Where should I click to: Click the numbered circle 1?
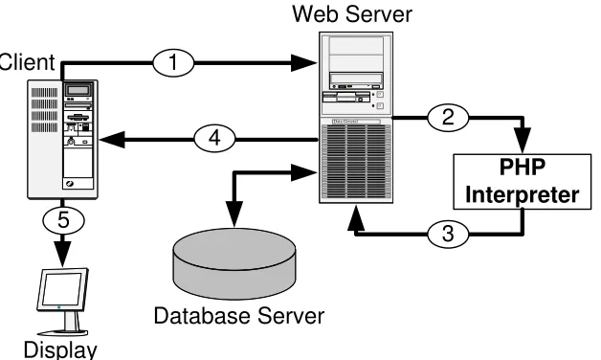173,62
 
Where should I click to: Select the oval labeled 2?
448,118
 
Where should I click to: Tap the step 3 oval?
448,233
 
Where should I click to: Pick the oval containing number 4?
214,138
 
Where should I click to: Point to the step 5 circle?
63,221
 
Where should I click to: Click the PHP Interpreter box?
522,181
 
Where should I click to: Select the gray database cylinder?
234,263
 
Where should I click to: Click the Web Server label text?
352,13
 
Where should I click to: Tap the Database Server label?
239,316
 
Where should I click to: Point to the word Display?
60,349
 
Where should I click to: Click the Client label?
27,62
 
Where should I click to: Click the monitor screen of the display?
61,289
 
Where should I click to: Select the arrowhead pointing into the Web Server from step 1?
303,63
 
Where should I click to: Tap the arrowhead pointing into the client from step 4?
112,140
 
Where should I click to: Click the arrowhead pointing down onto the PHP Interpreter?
522,141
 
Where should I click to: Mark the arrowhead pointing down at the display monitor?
62,254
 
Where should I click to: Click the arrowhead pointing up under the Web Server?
356,217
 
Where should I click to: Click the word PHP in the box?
522,168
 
